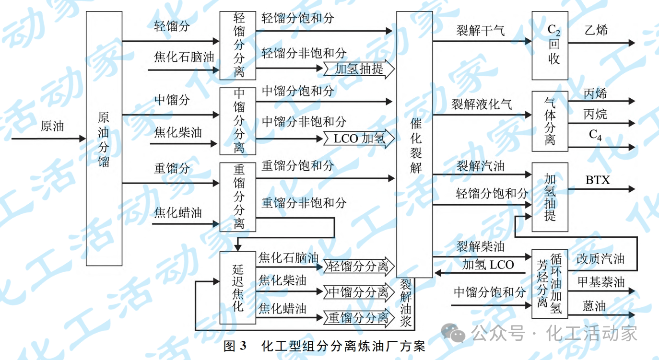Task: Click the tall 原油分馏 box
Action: click(104, 139)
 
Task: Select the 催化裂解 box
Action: click(415, 144)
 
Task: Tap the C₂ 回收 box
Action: click(550, 46)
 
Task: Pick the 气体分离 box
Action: click(550, 121)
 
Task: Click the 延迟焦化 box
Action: click(238, 288)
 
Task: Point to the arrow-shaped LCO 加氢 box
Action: click(359, 139)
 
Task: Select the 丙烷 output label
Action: click(595, 114)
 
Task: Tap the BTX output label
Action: click(598, 180)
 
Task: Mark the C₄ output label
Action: click(595, 135)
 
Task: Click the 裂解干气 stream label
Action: click(480, 31)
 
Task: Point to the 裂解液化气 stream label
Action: click(481, 104)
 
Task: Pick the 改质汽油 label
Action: click(600, 259)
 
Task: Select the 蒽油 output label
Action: click(594, 306)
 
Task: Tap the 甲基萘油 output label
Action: click(600, 282)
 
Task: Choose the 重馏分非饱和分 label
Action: click(304, 203)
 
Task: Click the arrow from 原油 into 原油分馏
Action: click(48, 139)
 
